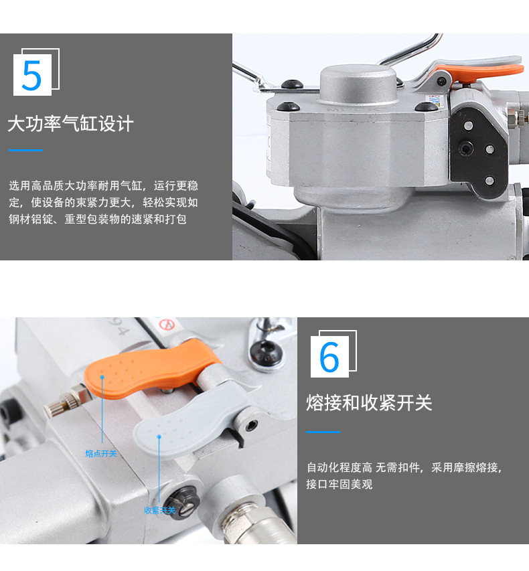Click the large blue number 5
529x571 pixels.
pos(31,76)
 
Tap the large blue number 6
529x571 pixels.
pos(329,357)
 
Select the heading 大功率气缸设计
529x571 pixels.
pos(70,124)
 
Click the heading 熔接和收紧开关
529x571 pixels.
pos(369,403)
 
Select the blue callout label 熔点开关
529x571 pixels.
pos(100,454)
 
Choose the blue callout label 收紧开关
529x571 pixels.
pos(159,511)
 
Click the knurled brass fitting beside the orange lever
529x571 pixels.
pos(67,406)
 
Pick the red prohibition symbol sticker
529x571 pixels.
pos(167,326)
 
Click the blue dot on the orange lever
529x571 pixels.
pos(102,377)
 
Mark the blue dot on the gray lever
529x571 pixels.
pos(159,436)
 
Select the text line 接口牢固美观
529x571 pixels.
pos(339,485)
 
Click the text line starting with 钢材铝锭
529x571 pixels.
pos(97,220)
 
